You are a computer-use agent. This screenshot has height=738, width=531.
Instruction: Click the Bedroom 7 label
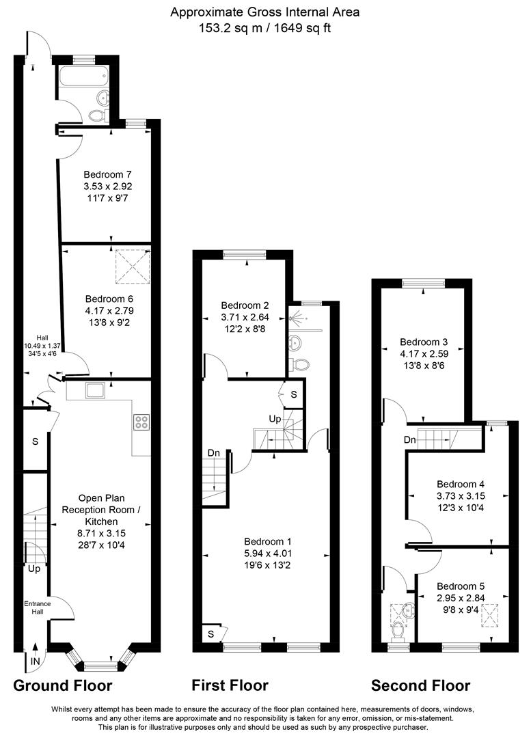click(x=107, y=174)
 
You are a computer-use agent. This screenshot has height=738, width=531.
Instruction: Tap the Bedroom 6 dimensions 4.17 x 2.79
click(x=109, y=310)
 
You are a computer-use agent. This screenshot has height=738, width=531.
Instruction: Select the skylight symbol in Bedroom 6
click(x=132, y=266)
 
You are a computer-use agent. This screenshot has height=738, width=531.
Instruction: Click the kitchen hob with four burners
click(x=141, y=422)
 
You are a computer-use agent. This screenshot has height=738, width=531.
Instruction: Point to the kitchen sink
click(x=94, y=390)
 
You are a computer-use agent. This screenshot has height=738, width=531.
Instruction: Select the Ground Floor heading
click(x=62, y=685)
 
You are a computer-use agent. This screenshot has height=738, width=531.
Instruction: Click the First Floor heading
click(x=230, y=685)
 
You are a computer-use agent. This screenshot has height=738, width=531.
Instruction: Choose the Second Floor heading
click(x=420, y=685)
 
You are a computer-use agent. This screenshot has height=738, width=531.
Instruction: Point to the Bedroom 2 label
click(x=245, y=305)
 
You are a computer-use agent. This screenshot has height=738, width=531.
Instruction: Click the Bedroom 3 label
click(x=424, y=342)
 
